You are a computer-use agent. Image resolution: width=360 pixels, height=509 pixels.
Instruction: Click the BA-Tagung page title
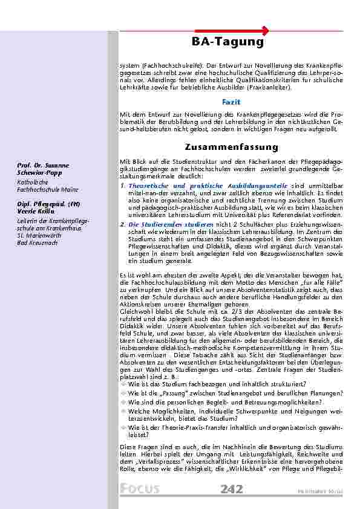pyautogui.click(x=227, y=42)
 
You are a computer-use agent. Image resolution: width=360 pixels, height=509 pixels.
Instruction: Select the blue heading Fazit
pyautogui.click(x=232, y=102)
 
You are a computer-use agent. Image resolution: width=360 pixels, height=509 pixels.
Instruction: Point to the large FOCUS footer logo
pyautogui.click(x=140, y=488)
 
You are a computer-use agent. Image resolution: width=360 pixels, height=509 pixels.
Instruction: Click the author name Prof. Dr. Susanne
pyautogui.click(x=43, y=166)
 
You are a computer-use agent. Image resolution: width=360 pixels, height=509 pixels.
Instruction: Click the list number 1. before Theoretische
pyautogui.click(x=123, y=185)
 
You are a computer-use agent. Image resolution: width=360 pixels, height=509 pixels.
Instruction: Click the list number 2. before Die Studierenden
pyautogui.click(x=123, y=224)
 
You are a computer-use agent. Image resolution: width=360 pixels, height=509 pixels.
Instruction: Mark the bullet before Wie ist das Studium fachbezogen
pyautogui.click(x=123, y=384)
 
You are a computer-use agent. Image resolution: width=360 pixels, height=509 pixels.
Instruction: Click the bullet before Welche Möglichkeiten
pyautogui.click(x=123, y=410)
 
